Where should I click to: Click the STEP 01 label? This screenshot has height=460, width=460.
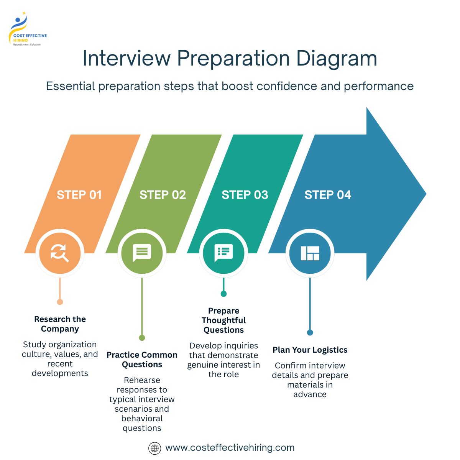[79, 195]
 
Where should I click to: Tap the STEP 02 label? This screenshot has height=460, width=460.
[163, 195]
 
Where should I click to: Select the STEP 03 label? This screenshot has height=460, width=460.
[245, 195]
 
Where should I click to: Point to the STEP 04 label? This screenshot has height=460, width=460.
[328, 195]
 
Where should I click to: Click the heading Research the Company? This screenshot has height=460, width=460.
[60, 324]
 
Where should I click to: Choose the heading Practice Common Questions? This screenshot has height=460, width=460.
[142, 360]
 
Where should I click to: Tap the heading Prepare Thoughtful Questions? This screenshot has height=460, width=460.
[223, 320]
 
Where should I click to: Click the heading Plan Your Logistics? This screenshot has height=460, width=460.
[310, 350]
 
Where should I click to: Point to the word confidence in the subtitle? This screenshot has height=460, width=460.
[287, 86]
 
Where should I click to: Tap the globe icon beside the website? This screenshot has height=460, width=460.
[154, 448]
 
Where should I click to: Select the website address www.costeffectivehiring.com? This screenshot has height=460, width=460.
[230, 448]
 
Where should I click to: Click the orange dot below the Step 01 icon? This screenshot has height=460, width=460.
[60, 302]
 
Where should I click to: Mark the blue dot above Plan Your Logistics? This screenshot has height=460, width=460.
[310, 332]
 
